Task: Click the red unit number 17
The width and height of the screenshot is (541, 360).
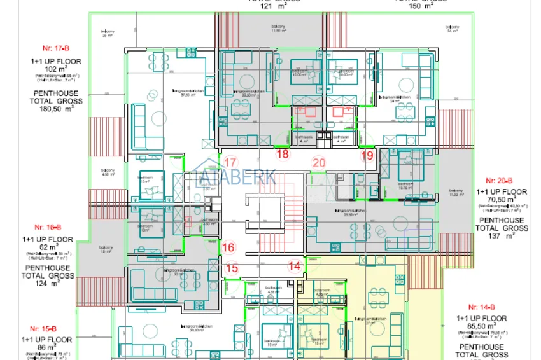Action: click(x=230, y=162)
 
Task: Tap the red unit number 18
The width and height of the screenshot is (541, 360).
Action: click(x=283, y=154)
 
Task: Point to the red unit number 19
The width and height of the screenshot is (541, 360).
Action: click(x=367, y=155)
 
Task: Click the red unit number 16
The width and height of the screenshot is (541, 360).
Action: click(x=230, y=247)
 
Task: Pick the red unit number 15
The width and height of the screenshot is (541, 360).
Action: click(x=232, y=268)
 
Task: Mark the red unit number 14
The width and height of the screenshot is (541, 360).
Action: click(x=294, y=266)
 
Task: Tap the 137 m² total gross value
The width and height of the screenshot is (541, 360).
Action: click(x=502, y=235)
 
